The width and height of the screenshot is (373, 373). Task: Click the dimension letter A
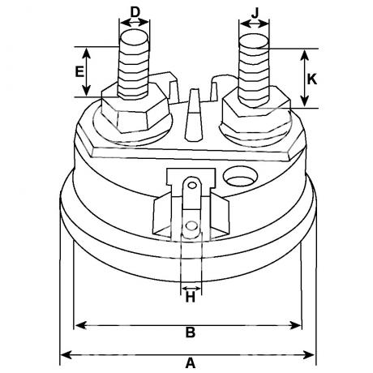click(191, 362)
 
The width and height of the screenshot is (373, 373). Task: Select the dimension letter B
click(191, 332)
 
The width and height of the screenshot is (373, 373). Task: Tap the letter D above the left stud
click(135, 12)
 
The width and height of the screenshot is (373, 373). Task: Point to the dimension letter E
click(79, 71)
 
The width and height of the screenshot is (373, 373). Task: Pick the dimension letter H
click(191, 298)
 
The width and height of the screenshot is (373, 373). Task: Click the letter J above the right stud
click(255, 13)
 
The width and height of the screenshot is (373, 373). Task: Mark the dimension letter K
click(312, 79)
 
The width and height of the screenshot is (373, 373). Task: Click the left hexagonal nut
click(135, 109)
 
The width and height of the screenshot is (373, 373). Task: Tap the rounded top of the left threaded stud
click(135, 37)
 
